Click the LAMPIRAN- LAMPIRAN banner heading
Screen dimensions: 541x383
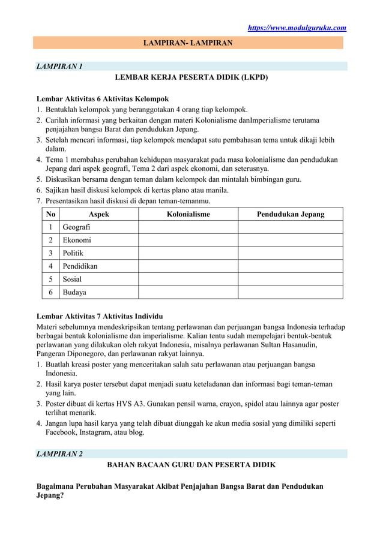[x=188, y=43]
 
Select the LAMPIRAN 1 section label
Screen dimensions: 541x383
[x=60, y=66]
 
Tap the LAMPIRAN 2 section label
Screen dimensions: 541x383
[x=60, y=453]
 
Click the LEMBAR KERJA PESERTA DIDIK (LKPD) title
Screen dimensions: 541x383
[x=191, y=77]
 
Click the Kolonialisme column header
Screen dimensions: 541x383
[x=188, y=214]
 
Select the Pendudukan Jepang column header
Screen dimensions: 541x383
[x=290, y=214]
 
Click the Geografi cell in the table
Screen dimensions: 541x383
[x=77, y=227]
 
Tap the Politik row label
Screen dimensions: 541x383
[x=74, y=253]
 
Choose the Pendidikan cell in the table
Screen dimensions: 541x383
[x=80, y=266]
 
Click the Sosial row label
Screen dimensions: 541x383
[x=73, y=279]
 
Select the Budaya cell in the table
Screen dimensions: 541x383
[x=74, y=293]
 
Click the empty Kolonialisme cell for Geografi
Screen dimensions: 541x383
[x=188, y=227]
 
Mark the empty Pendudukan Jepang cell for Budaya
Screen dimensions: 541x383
[x=290, y=293]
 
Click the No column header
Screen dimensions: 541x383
[x=50, y=214]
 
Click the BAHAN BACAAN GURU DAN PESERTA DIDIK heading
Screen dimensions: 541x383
[x=191, y=465]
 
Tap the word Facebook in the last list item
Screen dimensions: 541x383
[x=65, y=431]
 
